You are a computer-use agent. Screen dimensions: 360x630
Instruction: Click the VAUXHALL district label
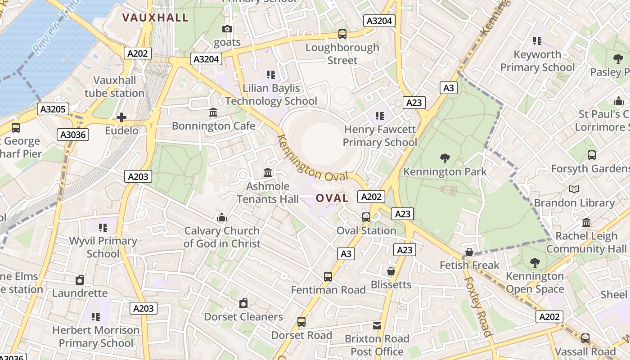click(155, 18)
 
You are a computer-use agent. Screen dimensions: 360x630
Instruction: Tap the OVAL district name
click(332, 198)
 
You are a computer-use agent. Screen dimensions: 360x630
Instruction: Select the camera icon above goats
click(227, 29)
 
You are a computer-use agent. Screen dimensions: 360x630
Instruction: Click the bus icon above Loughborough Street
click(342, 34)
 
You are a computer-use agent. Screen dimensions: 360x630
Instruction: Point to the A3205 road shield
click(53, 109)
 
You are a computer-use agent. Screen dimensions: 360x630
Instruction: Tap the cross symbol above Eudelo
click(121, 118)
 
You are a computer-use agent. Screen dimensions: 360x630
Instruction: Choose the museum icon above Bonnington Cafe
click(213, 112)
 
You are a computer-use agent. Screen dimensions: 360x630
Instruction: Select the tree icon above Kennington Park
click(445, 158)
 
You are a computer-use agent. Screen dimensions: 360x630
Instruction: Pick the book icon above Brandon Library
click(574, 189)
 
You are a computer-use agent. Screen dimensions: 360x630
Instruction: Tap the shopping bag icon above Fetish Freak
click(469, 252)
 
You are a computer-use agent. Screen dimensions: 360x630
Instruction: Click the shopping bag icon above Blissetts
click(391, 271)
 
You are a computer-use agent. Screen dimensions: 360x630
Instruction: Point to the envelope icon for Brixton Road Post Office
click(377, 325)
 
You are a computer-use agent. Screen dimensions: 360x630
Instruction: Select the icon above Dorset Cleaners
click(243, 303)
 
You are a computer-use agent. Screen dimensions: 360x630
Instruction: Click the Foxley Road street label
click(477, 306)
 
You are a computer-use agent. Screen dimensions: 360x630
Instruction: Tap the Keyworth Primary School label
click(537, 61)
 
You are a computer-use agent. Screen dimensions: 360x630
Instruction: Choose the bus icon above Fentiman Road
click(328, 277)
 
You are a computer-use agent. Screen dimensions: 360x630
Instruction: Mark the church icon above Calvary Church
click(221, 218)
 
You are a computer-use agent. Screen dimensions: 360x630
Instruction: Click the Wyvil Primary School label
click(103, 247)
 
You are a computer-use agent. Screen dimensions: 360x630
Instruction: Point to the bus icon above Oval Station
click(366, 217)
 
